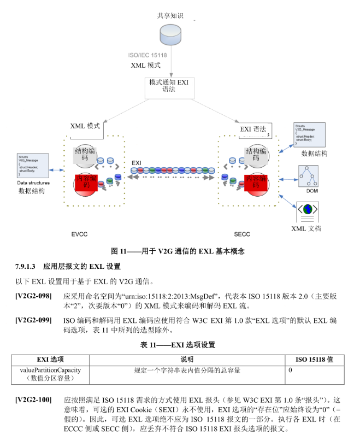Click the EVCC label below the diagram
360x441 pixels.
tap(79, 234)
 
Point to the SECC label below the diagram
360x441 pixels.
tap(242, 234)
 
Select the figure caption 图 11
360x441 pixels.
tap(178, 251)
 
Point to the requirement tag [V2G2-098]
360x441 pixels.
tap(33, 296)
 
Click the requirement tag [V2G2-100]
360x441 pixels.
tap(33, 400)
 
